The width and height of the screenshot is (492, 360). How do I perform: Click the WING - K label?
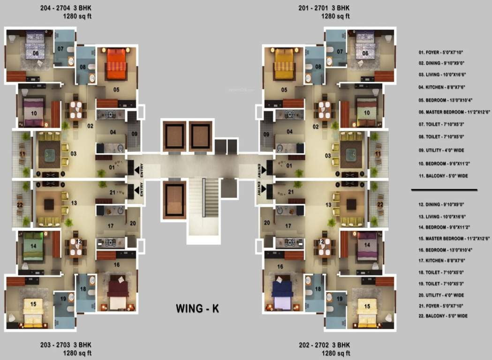[197, 309]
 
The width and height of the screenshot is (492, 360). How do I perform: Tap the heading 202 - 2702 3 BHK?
[324, 345]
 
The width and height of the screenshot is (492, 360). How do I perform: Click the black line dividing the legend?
[444, 190]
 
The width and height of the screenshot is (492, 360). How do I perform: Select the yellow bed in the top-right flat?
[284, 64]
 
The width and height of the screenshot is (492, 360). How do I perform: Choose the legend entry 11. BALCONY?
[443, 176]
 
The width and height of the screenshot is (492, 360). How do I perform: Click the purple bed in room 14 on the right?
[366, 245]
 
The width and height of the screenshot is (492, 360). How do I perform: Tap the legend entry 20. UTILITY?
[441, 295]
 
